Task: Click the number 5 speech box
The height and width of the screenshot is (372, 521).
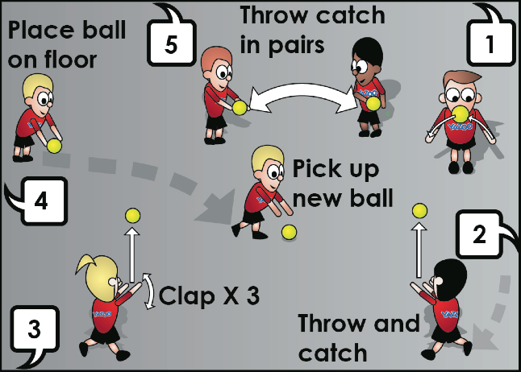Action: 171,43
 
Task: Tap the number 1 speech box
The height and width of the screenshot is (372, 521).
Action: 491,43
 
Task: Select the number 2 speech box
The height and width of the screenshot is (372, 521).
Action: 480,234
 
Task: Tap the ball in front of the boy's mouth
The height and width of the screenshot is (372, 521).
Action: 461,114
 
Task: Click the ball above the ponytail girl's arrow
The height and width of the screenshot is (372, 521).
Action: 132,216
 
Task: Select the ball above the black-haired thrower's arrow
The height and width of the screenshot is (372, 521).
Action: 419,211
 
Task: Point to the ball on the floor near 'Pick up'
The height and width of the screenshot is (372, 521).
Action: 289,232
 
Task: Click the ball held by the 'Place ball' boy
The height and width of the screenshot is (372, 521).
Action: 54,146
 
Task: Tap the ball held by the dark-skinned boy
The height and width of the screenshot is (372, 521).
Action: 373,103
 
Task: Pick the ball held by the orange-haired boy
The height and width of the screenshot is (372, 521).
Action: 240,108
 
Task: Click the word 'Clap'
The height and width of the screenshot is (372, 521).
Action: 186,295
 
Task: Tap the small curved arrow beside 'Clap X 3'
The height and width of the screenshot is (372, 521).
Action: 151,291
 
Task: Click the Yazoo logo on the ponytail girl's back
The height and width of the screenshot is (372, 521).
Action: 102,314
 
